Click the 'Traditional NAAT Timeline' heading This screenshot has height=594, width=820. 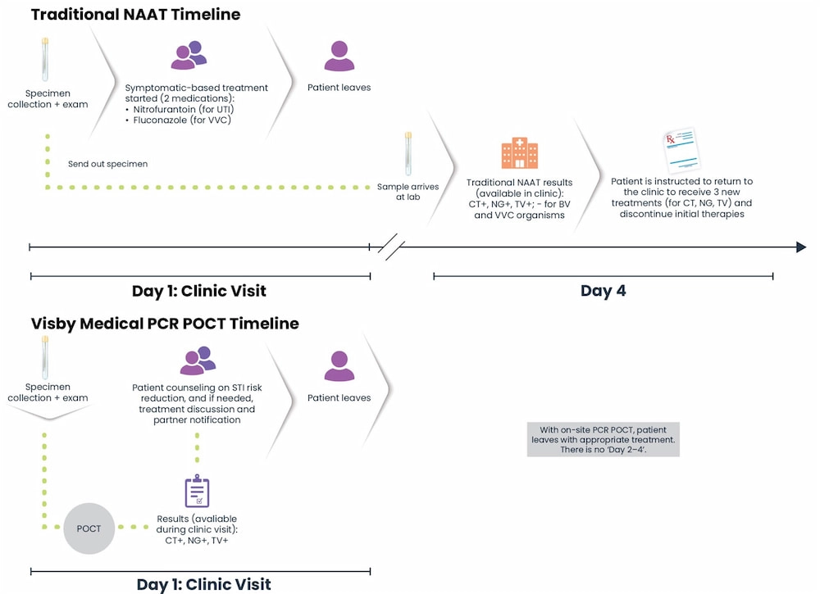pyautogui.click(x=135, y=15)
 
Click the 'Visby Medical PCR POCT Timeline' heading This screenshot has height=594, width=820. pyautogui.click(x=165, y=324)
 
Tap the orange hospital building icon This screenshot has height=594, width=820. pyautogui.click(x=519, y=153)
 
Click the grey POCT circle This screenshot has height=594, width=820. pyautogui.click(x=89, y=528)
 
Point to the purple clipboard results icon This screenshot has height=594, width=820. pyautogui.click(x=197, y=491)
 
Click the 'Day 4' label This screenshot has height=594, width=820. pyautogui.click(x=603, y=291)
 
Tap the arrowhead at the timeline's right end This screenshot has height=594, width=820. pyautogui.click(x=801, y=247)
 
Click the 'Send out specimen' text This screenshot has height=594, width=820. pyautogui.click(x=107, y=164)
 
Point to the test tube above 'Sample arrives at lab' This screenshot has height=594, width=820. pyautogui.click(x=408, y=154)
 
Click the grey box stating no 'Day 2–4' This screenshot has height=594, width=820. pyautogui.click(x=603, y=439)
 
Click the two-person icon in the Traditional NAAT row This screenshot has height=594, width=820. pyautogui.click(x=189, y=54)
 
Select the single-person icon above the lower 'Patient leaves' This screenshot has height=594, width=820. pyautogui.click(x=339, y=366)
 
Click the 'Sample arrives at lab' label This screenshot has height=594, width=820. pyautogui.click(x=408, y=192)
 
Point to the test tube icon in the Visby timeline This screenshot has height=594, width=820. pyautogui.click(x=45, y=358)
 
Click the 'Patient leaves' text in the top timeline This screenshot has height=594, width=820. pyautogui.click(x=339, y=88)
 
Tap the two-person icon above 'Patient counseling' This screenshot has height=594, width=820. pyautogui.click(x=197, y=360)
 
